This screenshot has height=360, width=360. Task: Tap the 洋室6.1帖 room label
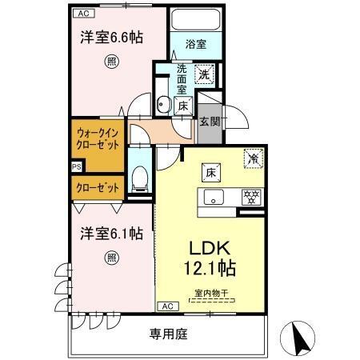111,234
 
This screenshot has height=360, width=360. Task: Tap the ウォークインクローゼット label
99,138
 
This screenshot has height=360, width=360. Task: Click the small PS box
76,166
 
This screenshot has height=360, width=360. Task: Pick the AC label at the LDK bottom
167,306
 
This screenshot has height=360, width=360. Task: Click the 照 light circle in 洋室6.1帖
111,258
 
